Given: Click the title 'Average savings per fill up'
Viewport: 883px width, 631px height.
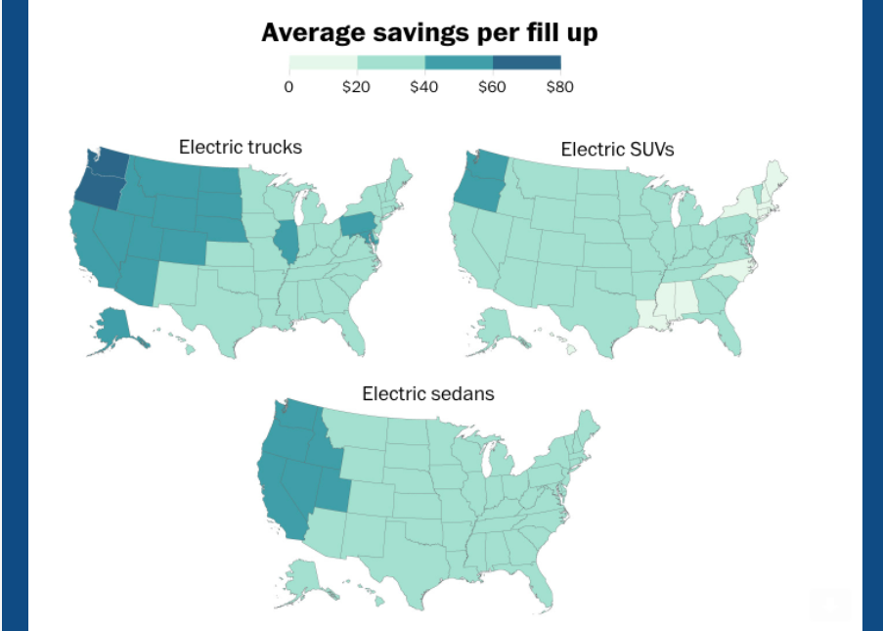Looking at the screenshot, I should click(x=429, y=32).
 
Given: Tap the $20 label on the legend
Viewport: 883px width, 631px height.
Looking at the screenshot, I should click(x=356, y=86).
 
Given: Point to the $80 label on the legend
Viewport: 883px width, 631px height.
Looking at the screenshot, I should click(x=559, y=86).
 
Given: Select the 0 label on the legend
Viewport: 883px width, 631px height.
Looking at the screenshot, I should click(x=288, y=86).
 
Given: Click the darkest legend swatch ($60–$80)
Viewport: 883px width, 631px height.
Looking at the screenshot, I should click(x=526, y=63).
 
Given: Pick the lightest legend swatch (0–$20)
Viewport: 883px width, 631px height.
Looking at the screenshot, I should click(x=323, y=63).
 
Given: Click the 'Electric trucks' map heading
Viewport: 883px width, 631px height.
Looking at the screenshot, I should click(x=240, y=147).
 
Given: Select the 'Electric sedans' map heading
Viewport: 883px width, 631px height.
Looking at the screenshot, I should click(x=427, y=393).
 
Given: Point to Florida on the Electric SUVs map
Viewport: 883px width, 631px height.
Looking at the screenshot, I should click(x=731, y=338).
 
